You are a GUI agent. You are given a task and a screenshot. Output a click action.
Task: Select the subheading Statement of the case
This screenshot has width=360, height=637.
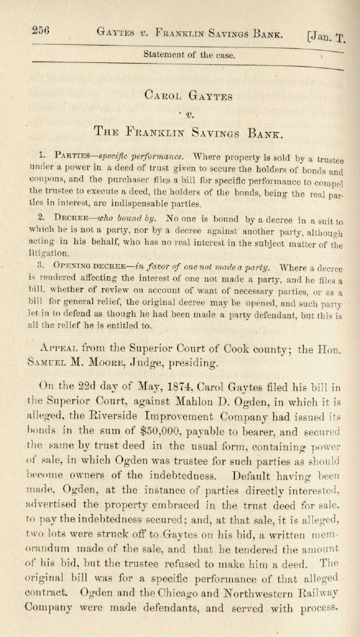(x=189, y=55)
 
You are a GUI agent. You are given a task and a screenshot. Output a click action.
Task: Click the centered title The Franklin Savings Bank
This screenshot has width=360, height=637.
(x=189, y=133)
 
